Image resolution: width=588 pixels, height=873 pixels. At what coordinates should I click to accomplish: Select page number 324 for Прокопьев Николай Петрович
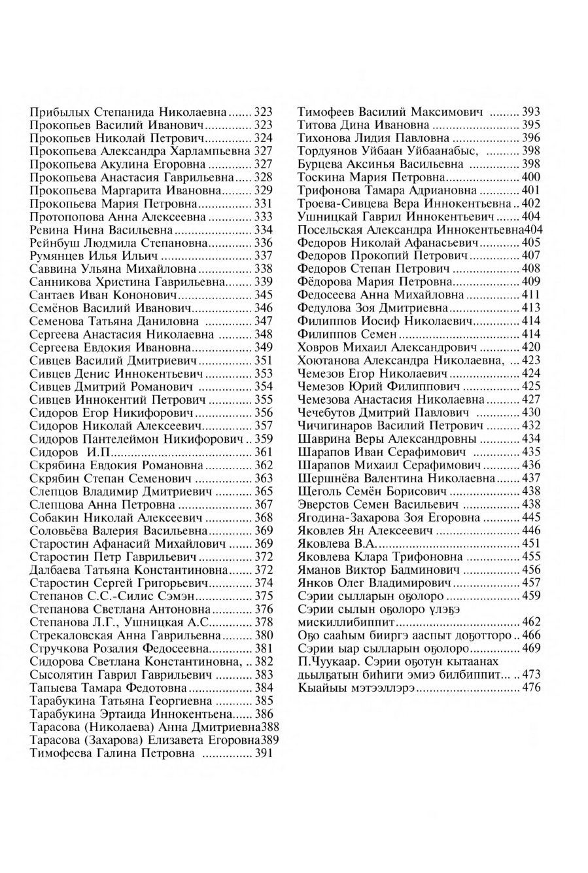tap(263, 138)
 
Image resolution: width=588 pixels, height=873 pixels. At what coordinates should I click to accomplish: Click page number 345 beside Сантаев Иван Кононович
tap(263, 295)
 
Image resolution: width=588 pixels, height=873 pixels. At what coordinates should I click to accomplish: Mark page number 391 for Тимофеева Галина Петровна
tap(263, 753)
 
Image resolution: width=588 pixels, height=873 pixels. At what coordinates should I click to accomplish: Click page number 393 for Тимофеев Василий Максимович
tap(530, 112)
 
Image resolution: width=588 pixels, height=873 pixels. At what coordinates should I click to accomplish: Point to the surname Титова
tap(316, 125)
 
